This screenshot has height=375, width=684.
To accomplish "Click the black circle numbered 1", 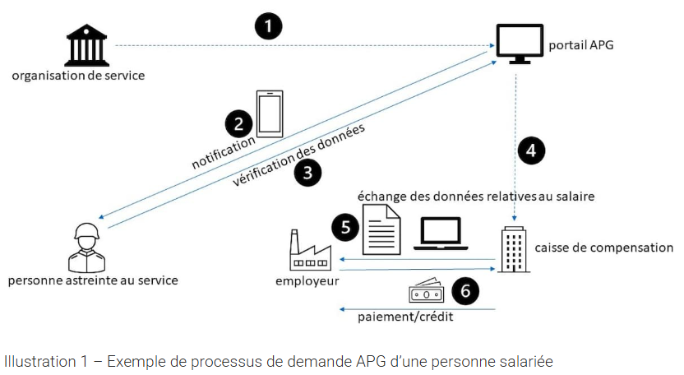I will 268,26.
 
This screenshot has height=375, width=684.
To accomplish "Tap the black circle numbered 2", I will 238,124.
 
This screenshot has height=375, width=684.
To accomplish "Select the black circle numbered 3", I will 308,173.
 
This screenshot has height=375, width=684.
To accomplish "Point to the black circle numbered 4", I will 532,150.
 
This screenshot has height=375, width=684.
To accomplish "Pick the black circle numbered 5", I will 346,227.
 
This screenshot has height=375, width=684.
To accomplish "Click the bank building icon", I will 88,45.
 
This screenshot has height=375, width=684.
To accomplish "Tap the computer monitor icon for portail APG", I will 520,44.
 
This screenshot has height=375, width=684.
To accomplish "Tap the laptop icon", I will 440,234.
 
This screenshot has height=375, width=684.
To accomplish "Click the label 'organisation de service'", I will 78,76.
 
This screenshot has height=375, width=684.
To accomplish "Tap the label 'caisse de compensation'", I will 603,247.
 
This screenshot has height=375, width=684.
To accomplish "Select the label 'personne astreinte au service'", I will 92,280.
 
